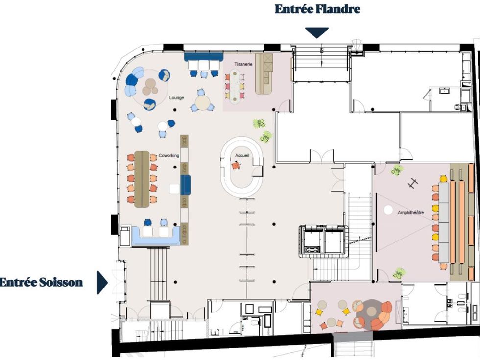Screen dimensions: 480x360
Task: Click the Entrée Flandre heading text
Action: [x=317, y=9]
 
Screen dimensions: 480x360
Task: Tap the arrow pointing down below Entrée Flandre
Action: [x=317, y=32]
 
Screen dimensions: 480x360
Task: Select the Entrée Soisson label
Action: [x=41, y=282]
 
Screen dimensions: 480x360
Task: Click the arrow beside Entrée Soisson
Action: [x=102, y=282]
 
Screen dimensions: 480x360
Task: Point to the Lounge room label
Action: [x=177, y=98]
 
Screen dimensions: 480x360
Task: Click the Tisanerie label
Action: [x=243, y=64]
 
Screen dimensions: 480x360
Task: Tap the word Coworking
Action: [x=169, y=156]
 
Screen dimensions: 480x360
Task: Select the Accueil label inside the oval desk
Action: [x=242, y=156]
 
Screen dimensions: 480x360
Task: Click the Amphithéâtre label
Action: [x=411, y=212]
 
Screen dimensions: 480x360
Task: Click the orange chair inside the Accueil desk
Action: [x=236, y=166]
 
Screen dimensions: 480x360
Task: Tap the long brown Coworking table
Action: [x=142, y=179]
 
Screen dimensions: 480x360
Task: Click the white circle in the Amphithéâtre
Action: [x=388, y=210]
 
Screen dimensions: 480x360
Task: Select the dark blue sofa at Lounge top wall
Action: [x=204, y=57]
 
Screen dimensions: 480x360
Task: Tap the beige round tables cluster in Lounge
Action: [x=151, y=87]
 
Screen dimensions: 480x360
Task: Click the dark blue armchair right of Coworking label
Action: [x=186, y=185]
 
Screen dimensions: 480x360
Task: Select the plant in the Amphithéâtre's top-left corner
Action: [x=397, y=170]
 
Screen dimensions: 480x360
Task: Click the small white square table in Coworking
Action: [x=174, y=189]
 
